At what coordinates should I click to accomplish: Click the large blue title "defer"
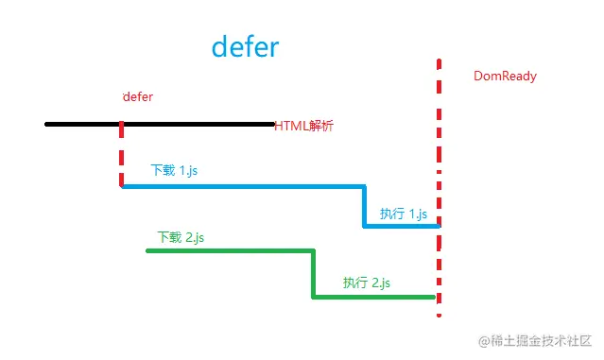point(245,46)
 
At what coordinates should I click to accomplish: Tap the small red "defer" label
point(138,96)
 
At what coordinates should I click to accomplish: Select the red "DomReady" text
point(505,77)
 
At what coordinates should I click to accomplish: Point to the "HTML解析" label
point(303,126)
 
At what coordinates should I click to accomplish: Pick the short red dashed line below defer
point(121,157)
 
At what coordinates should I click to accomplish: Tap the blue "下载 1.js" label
point(174,170)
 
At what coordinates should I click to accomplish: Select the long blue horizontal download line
point(242,186)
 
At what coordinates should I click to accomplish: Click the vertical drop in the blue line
point(364,206)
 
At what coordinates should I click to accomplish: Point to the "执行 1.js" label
point(404,214)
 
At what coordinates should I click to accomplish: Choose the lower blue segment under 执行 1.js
point(402,226)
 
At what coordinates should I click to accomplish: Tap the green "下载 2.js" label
point(181,237)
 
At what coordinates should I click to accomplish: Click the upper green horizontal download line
point(230,250)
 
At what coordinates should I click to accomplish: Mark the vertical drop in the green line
point(313,274)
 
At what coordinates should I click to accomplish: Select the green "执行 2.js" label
point(367,283)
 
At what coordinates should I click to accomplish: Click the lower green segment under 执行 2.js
point(373,298)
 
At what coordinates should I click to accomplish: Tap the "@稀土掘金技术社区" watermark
point(534,340)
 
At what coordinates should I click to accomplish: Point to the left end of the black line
point(47,124)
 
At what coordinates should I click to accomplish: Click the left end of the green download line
point(148,250)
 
